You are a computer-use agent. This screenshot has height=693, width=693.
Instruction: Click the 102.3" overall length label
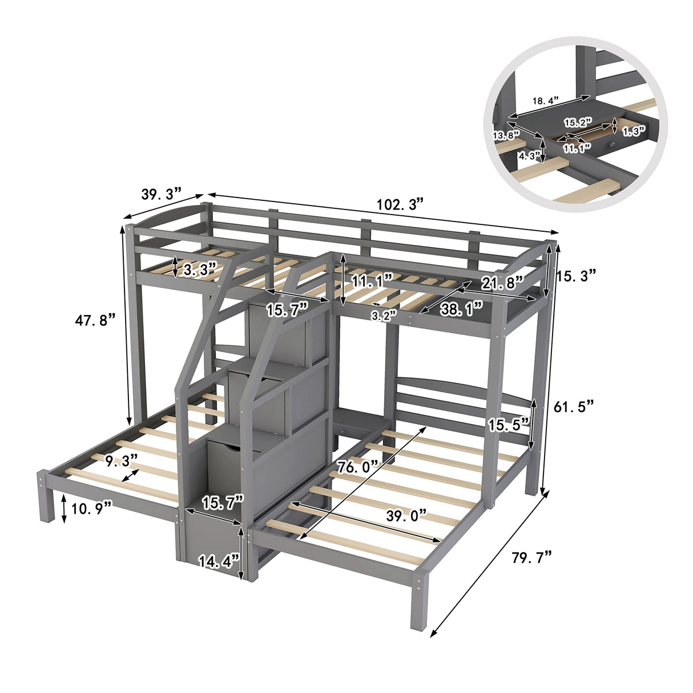point(399,204)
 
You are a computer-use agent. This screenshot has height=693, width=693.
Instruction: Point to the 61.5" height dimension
point(574,406)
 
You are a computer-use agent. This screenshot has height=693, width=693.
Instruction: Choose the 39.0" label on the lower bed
point(406,515)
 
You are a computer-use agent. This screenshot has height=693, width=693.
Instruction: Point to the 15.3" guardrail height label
point(577,275)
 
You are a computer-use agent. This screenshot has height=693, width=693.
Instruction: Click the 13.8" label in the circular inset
point(506,135)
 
